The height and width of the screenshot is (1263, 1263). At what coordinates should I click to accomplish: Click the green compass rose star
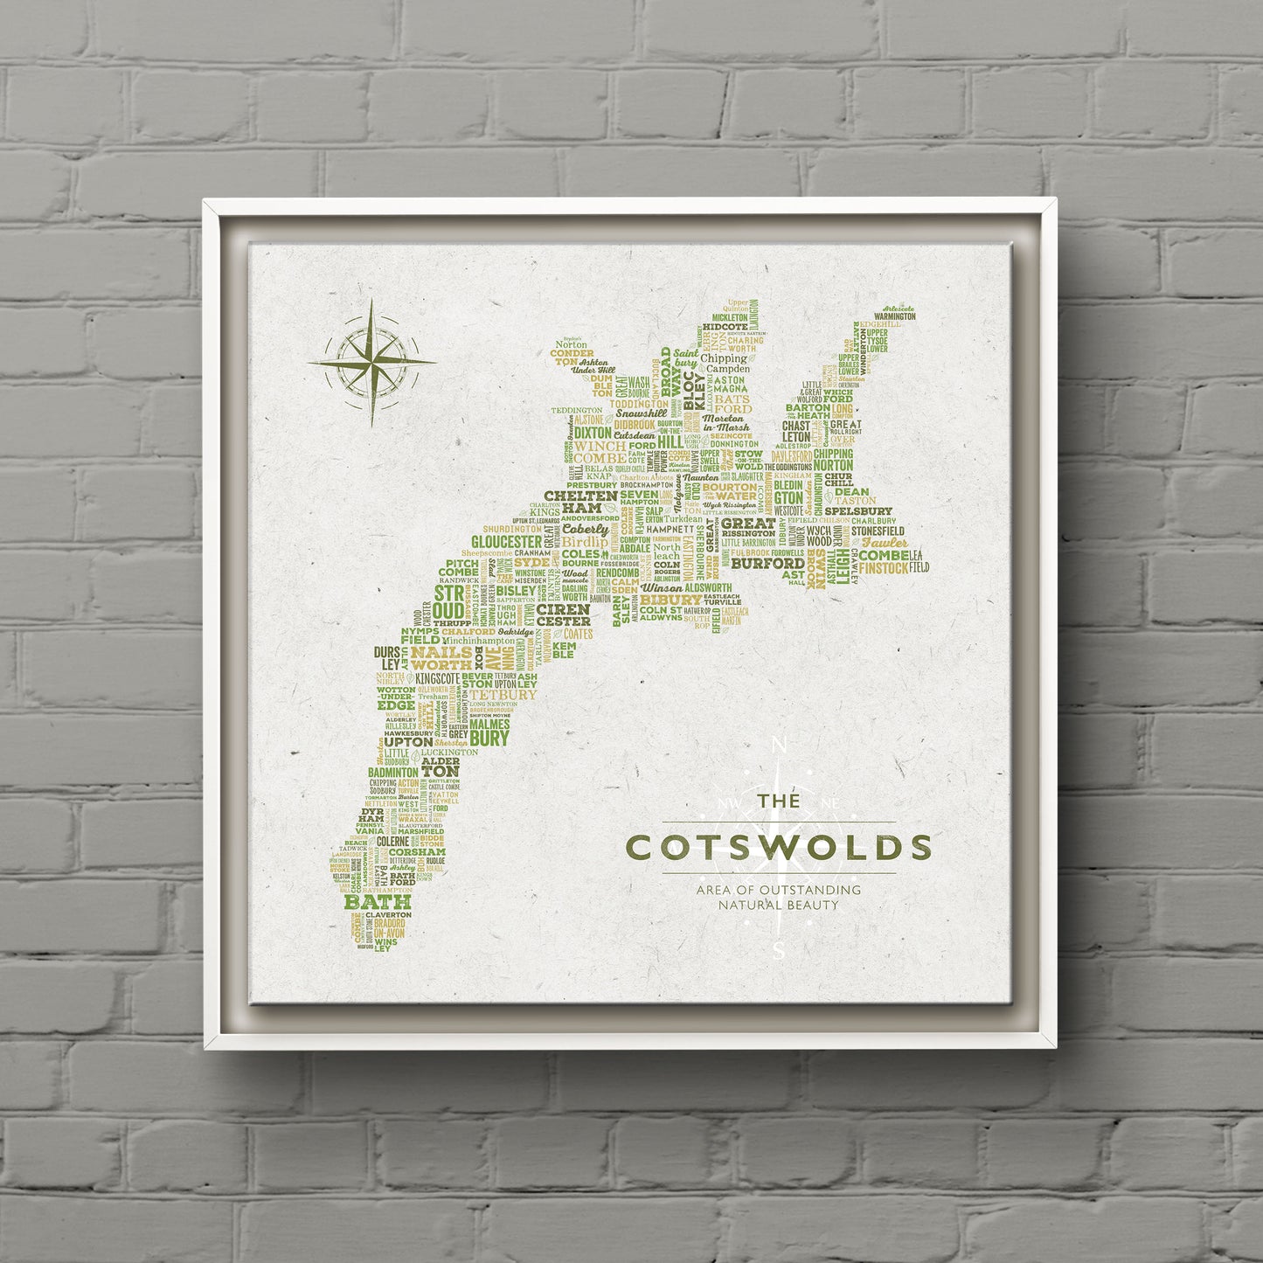pyautogui.click(x=372, y=361)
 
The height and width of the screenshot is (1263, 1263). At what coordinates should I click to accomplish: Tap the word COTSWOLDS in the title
pyautogui.click(x=779, y=847)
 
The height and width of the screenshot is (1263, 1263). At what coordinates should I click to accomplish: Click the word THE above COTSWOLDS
pyautogui.click(x=778, y=802)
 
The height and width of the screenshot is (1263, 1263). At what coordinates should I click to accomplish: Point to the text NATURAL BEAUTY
pyautogui.click(x=778, y=905)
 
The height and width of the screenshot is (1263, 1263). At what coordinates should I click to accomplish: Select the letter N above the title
pyautogui.click(x=780, y=746)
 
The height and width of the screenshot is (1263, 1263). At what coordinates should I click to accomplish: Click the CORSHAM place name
pyautogui.click(x=417, y=851)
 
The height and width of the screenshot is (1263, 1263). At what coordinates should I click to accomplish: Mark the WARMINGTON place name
pyautogui.click(x=891, y=316)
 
